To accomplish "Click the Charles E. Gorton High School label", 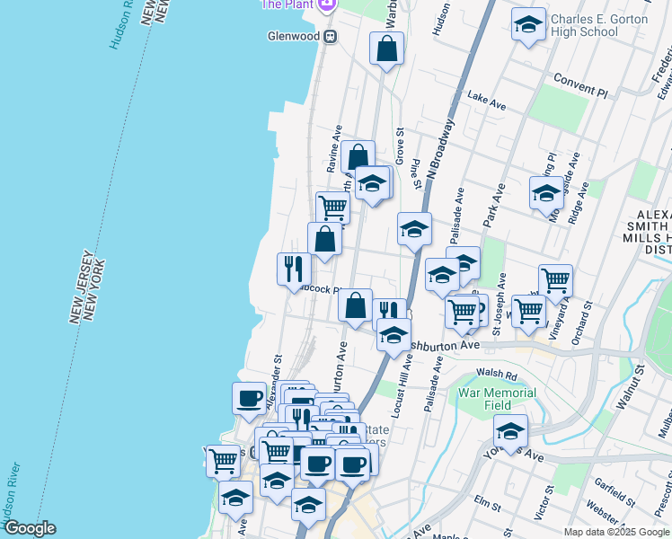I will point(597,25).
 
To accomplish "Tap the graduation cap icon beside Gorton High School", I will point(529,26).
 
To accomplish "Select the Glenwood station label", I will point(292,37).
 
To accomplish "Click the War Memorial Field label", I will point(497,399).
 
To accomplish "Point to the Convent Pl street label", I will point(581,88).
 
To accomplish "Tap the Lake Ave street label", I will point(487,102).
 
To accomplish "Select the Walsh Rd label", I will point(497,376).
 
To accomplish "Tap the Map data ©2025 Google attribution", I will point(616,532).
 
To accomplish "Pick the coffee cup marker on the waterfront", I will point(249,398).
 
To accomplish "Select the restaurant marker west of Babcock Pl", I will point(294,269).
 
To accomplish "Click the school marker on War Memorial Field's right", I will point(510,430).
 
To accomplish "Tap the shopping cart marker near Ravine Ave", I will point(332,208).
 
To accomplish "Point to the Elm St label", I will point(487,507).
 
